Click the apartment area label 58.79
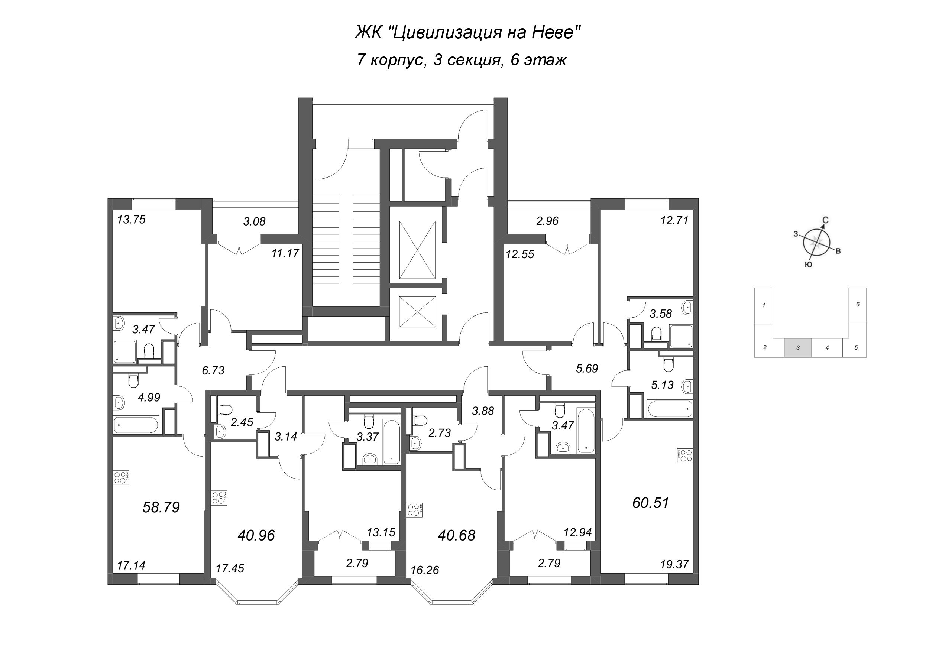161,508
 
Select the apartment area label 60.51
650,503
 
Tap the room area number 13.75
131,220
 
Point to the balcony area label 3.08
255,221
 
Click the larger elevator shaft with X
417,250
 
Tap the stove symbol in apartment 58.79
122,477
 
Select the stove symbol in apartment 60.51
685,456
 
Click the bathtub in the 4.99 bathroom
136,425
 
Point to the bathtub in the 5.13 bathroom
670,409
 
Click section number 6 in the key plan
857,304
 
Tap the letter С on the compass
826,220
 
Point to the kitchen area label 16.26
425,570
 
